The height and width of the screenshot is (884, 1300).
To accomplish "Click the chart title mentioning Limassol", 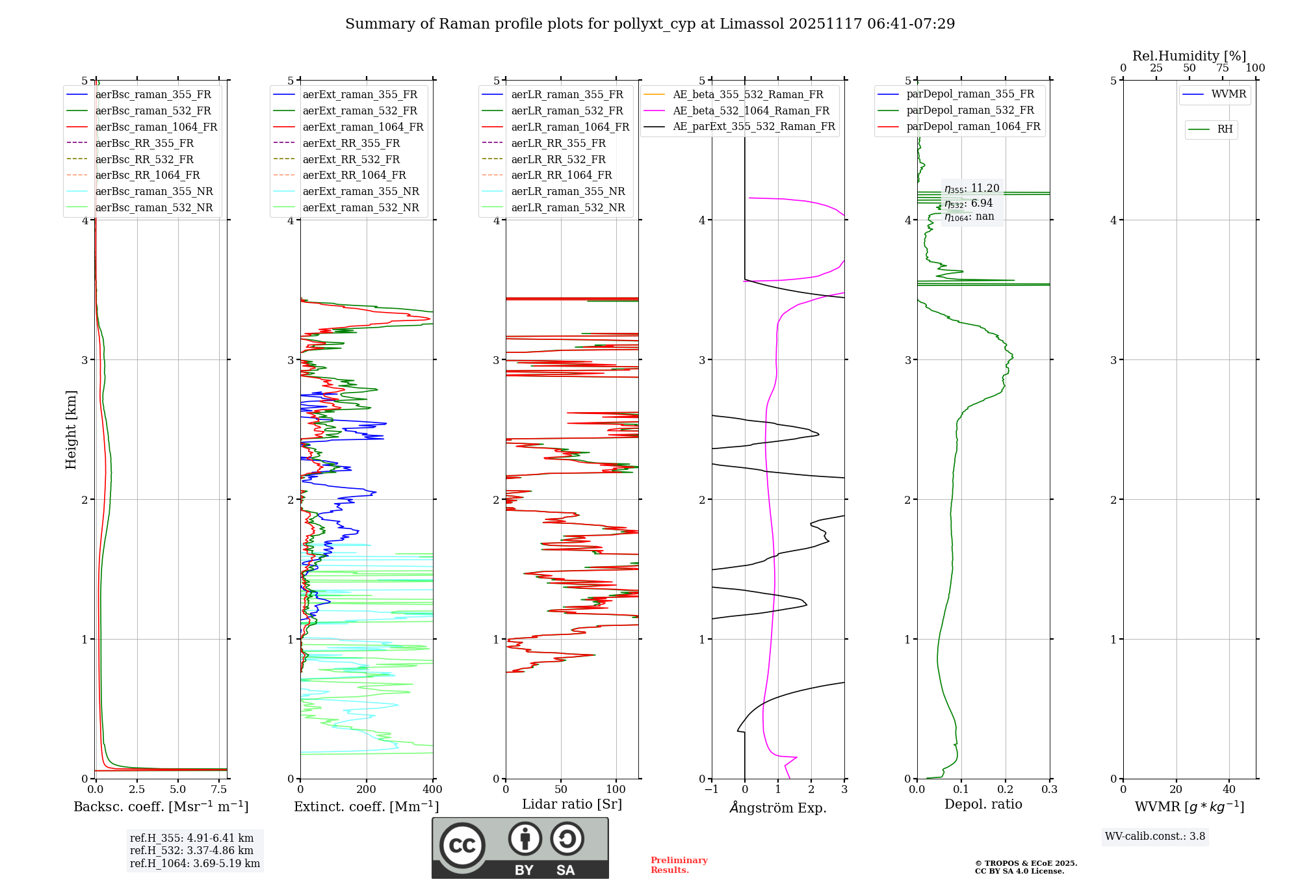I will pyautogui.click(x=650, y=24).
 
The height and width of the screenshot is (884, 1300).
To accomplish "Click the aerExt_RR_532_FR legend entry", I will pyautogui.click(x=351, y=159).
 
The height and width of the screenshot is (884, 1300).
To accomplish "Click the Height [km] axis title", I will pyautogui.click(x=71, y=429).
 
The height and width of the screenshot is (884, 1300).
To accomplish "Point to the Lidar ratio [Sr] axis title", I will pyautogui.click(x=572, y=804).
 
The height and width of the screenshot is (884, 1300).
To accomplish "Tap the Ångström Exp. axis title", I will pyautogui.click(x=778, y=807).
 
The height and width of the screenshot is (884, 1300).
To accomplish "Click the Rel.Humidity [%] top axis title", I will pyautogui.click(x=1189, y=56).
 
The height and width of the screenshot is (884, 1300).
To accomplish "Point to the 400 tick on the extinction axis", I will pyautogui.click(x=432, y=789).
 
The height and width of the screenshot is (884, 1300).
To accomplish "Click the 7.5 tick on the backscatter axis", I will pyautogui.click(x=219, y=789).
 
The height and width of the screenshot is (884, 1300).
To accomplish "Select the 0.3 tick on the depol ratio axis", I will pyautogui.click(x=1049, y=789).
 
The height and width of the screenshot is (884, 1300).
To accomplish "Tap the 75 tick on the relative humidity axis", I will pyautogui.click(x=1223, y=68).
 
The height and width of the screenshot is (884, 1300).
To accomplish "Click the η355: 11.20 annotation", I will pyautogui.click(x=972, y=188).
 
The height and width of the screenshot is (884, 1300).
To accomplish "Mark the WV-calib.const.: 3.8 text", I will pyautogui.click(x=1155, y=836).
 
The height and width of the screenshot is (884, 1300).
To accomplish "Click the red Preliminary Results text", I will pyautogui.click(x=679, y=864).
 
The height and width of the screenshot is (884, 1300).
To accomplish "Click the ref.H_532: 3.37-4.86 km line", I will pyautogui.click(x=192, y=850).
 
